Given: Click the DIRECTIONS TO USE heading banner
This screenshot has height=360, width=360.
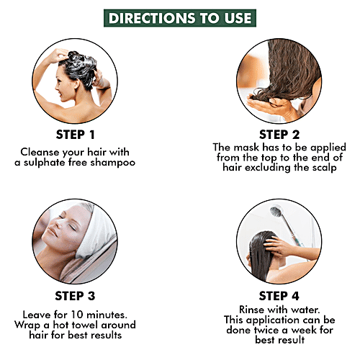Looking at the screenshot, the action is pos(180,18).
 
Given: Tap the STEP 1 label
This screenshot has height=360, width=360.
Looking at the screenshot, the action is pos(75,135).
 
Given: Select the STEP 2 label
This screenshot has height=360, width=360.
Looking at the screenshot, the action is pos(279,135).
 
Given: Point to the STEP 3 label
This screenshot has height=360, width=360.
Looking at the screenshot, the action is pos(75,296).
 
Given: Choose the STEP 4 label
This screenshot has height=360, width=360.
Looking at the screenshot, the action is pos(279,296).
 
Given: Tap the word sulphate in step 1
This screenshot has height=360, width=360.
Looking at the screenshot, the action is pos(45,163).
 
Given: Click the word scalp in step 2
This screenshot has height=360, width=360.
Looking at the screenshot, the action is pos(324,168).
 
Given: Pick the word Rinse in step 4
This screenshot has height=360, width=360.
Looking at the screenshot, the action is pos(251,310).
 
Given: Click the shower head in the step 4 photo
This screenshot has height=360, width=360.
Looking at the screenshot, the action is pos(276,211).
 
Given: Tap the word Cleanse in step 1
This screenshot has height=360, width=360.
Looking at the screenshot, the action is pos(40,152).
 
